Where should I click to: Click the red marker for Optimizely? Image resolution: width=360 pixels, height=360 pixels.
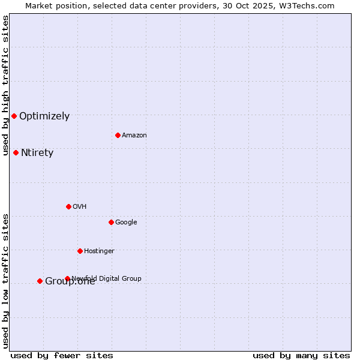[14, 116]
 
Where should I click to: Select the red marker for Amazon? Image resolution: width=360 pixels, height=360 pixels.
[118, 135]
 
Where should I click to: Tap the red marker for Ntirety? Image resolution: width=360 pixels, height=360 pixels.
[16, 152]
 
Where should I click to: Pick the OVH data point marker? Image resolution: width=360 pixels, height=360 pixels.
[68, 206]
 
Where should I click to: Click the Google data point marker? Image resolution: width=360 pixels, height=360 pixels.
[111, 222]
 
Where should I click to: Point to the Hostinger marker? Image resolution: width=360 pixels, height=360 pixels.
[80, 251]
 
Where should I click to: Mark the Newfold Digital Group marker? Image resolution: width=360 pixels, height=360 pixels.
[67, 278]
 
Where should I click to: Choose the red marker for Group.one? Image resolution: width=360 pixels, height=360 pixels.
[40, 281]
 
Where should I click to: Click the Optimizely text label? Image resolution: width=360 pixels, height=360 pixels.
[44, 116]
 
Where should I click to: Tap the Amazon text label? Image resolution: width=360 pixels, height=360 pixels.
[134, 136]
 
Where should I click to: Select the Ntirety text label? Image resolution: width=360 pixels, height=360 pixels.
[37, 153]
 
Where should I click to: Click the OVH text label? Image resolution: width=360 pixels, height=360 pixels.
[80, 207]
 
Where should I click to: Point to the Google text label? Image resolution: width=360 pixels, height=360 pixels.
[126, 223]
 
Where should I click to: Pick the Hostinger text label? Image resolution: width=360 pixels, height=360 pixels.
[99, 251]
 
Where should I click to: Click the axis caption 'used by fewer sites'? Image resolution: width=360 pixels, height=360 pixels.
[62, 355]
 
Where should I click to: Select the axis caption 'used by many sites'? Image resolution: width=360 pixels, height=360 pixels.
[301, 355]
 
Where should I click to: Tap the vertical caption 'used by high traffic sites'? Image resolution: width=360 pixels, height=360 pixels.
[6, 85]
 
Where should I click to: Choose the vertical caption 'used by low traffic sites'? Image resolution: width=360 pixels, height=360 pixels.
[6, 281]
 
